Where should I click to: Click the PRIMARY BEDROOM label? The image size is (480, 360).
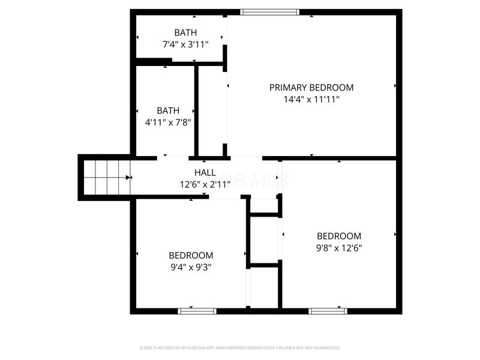click(x=311, y=88)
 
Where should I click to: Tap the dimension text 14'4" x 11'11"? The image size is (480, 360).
click(x=311, y=100)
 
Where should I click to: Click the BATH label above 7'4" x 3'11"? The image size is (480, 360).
click(x=185, y=32)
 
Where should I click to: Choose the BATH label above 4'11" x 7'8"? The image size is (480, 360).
click(x=168, y=110)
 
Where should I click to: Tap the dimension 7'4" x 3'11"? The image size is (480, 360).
click(x=185, y=44)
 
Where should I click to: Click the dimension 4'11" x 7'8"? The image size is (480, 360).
click(x=168, y=122)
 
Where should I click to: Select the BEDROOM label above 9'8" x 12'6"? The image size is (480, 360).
click(x=339, y=236)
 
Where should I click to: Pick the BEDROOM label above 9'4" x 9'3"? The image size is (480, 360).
click(x=191, y=255)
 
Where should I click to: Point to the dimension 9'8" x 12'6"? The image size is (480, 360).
click(x=339, y=248)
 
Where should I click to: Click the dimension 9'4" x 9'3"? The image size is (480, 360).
click(x=191, y=267)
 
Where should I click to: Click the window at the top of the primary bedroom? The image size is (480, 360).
click(x=269, y=11)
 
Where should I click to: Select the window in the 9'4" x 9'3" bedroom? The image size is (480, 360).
click(x=197, y=311)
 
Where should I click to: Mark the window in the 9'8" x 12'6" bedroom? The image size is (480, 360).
click(x=328, y=311)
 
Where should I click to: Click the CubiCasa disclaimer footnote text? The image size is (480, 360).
click(x=240, y=347)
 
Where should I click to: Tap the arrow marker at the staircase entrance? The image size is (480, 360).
click(x=128, y=178)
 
